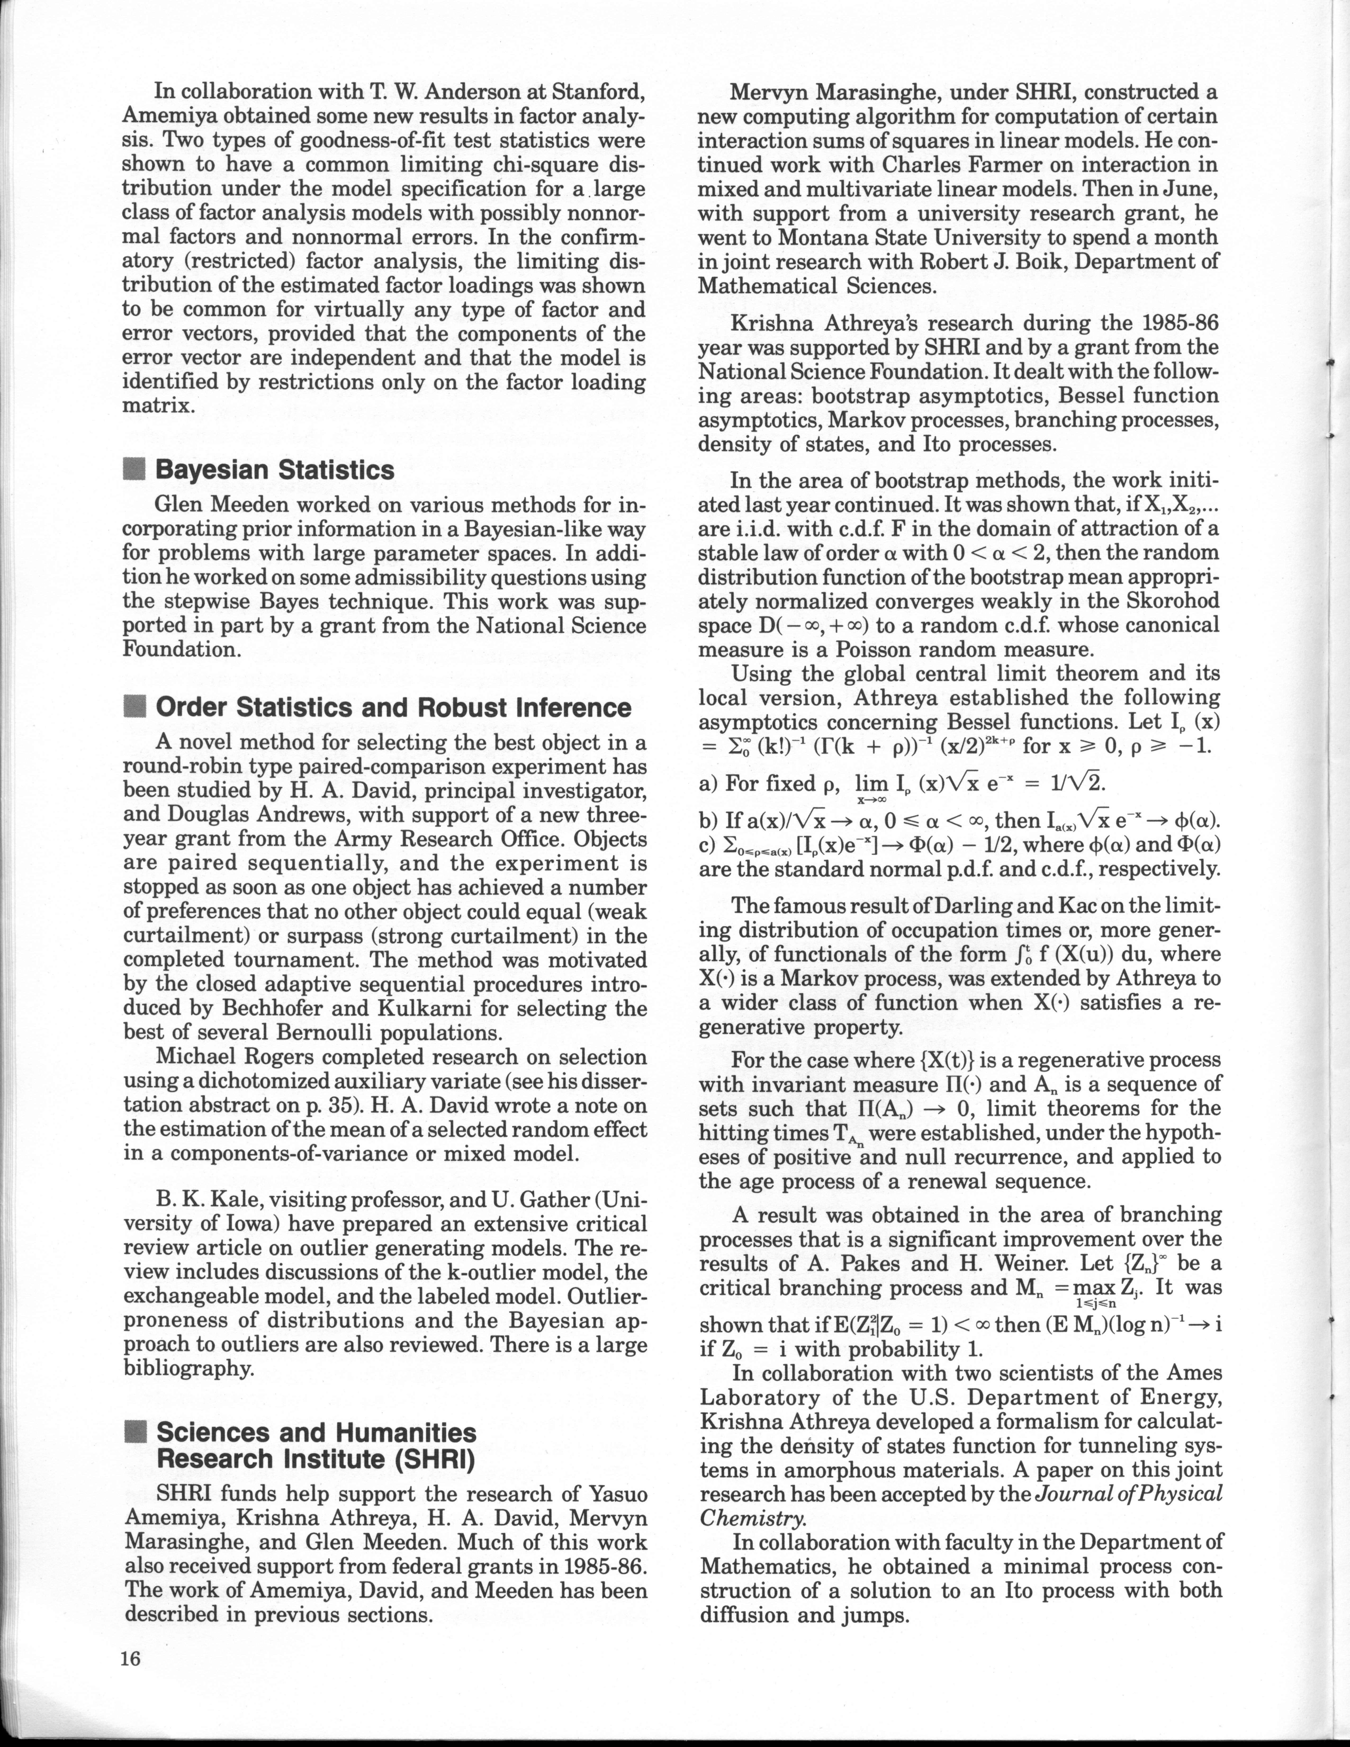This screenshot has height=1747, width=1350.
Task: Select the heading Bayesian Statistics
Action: tap(274, 470)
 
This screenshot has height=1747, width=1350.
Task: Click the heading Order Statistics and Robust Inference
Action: tap(393, 707)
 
